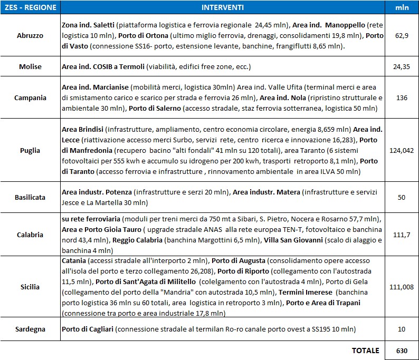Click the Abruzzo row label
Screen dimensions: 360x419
coord(30,36)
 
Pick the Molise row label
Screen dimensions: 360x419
coord(30,67)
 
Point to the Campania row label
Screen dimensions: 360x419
coord(30,98)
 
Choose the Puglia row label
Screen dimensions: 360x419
coord(30,150)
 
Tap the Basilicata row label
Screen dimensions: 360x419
coord(30,197)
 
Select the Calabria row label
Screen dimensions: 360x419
coord(30,235)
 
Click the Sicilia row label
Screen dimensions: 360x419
coord(30,287)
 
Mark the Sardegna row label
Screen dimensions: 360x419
coord(30,329)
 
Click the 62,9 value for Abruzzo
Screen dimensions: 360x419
coord(402,36)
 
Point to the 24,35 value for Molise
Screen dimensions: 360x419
coord(402,67)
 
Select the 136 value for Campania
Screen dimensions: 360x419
coord(402,98)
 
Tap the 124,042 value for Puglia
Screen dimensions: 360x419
coord(402,150)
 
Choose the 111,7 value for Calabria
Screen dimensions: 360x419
coord(402,235)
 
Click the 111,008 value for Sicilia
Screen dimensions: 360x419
coord(402,287)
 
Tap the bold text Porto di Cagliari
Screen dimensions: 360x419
coord(88,329)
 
